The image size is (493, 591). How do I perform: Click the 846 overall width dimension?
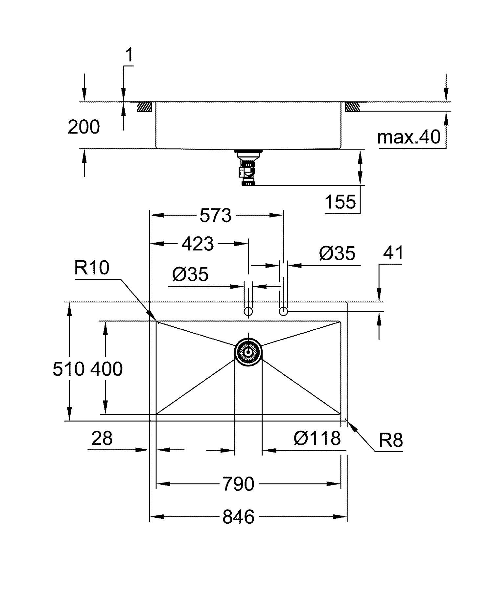238,517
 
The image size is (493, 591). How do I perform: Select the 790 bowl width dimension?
238,484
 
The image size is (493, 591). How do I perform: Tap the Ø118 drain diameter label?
317,438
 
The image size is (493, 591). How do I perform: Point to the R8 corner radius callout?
391,440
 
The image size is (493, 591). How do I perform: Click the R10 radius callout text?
92,268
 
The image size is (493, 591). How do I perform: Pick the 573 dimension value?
216,216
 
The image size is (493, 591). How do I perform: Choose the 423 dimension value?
198,244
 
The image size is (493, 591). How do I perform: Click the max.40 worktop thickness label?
409,137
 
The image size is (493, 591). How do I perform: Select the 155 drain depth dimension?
340,201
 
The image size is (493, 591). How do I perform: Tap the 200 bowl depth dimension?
83,127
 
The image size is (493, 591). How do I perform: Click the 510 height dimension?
69,369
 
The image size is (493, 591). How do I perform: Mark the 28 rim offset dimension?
102,438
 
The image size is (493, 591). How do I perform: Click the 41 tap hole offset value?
393,253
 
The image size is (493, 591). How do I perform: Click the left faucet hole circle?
248,311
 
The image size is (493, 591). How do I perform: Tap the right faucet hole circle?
283,311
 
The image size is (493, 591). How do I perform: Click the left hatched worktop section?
144,106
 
